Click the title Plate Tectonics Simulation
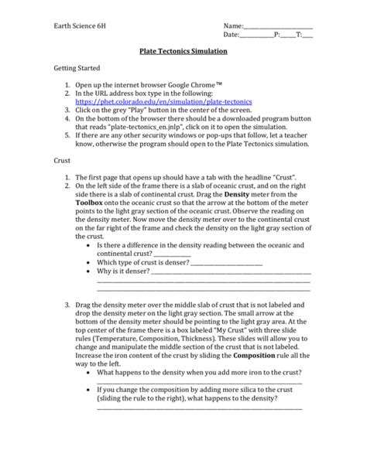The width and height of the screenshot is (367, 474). (x=183, y=51)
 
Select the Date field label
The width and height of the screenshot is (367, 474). (x=231, y=36)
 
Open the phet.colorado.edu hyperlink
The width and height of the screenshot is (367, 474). (x=163, y=101)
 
